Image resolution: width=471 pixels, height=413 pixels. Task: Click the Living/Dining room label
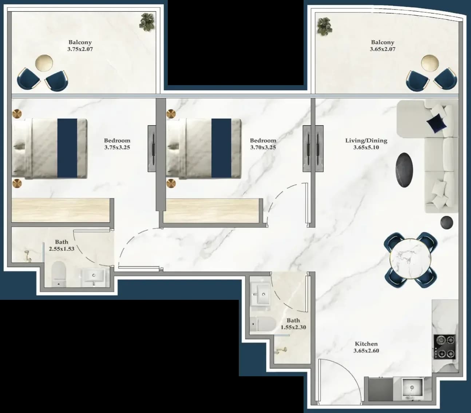pos(366,140)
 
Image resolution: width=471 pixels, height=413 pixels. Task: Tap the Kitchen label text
pos(366,344)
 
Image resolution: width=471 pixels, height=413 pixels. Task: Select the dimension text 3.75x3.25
pos(117,147)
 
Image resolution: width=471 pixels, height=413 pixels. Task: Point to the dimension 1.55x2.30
pos(293,327)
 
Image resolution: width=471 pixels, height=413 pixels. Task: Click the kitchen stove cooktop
pos(444,347)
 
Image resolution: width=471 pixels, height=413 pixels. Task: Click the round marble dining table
pos(411,259)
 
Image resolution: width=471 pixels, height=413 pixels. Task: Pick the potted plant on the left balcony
pos(147,22)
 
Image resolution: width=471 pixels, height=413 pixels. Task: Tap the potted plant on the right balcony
pos(324,27)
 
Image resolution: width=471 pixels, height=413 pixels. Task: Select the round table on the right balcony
pos(430,63)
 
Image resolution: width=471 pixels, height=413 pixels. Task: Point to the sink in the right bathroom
pos(261,294)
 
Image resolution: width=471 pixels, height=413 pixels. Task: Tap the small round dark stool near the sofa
pos(447,222)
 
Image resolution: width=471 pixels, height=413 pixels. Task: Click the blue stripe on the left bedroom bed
pos(67,148)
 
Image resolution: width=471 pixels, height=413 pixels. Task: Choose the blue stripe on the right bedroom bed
pos(221,148)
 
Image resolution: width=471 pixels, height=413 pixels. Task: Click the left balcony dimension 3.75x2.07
pos(80,49)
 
